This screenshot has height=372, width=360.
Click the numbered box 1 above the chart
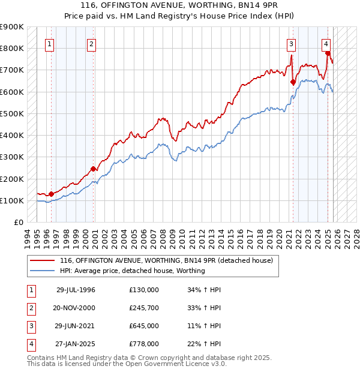[49, 43]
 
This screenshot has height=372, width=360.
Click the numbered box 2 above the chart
[91, 43]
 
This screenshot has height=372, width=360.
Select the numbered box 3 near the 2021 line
[290, 43]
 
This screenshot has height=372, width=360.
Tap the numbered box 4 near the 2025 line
[325, 43]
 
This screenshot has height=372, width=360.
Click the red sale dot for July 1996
[52, 194]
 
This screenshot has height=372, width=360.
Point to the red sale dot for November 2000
[94, 169]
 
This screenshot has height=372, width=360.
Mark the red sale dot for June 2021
[293, 82]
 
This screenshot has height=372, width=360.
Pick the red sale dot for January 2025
[328, 53]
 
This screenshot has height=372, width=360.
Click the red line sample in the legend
[42, 261]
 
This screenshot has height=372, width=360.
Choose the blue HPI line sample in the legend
[42, 271]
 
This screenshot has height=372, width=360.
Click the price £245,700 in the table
[144, 308]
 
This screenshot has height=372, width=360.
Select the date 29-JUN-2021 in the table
[76, 326]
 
